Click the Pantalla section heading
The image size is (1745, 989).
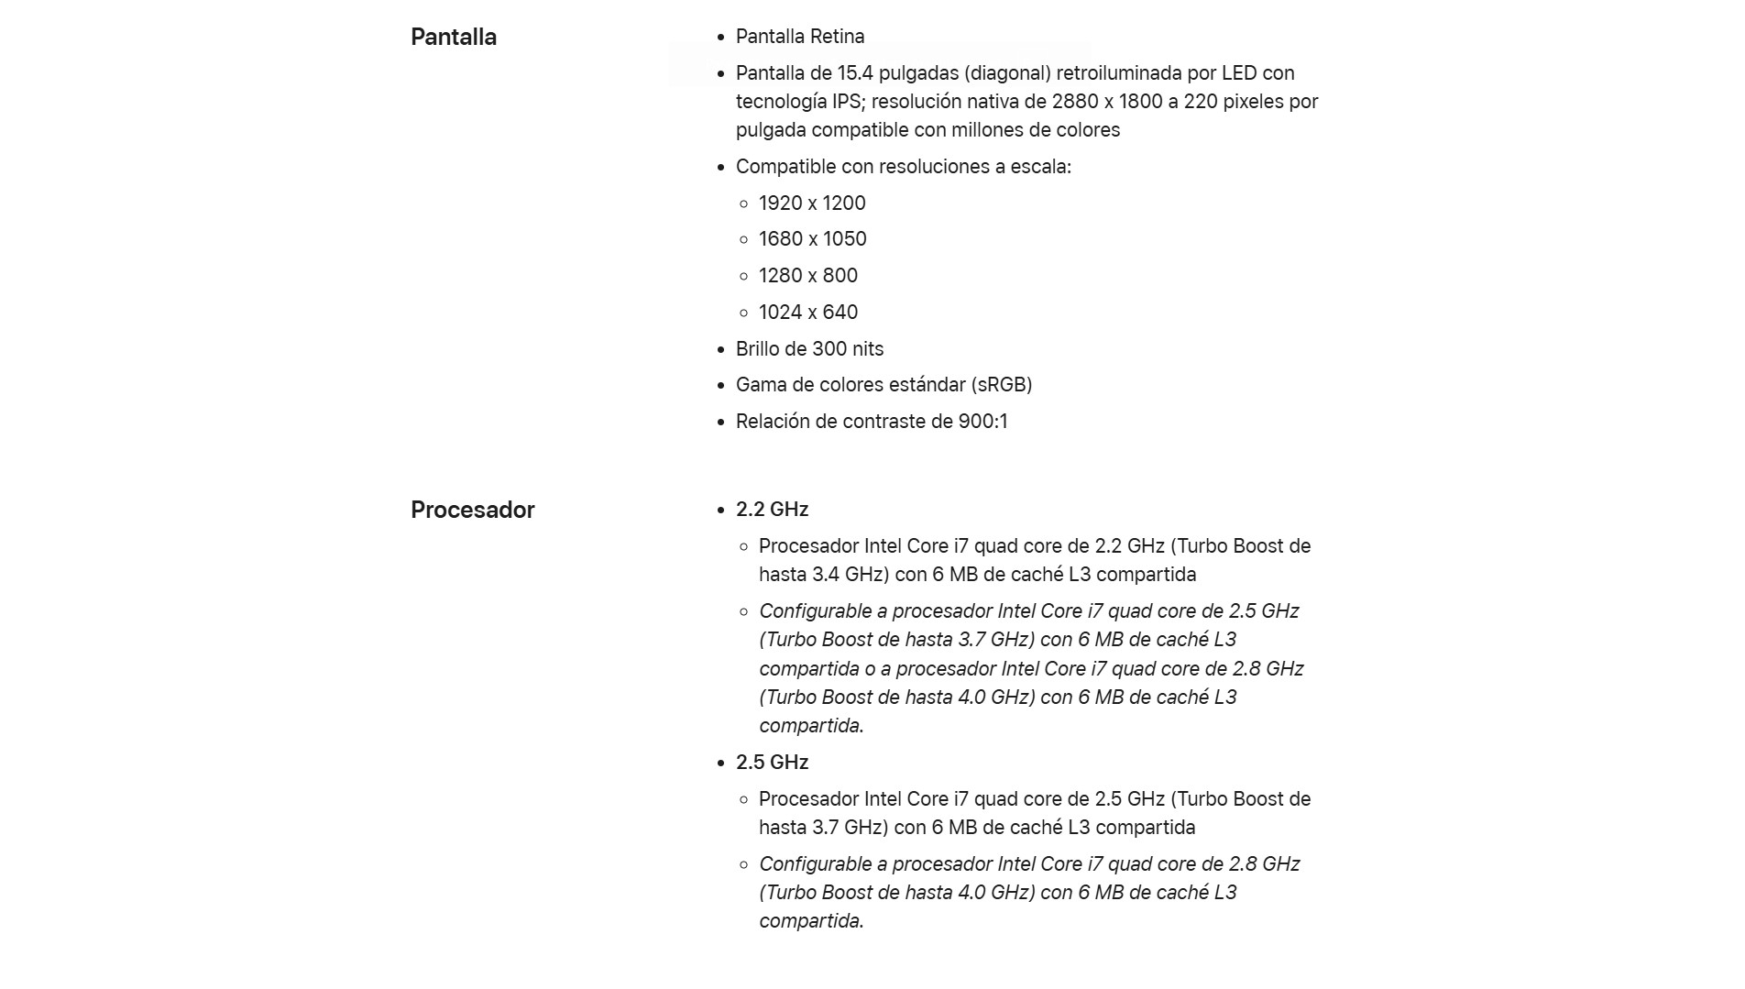click(454, 38)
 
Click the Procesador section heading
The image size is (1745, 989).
click(472, 511)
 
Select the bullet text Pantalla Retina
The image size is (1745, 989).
click(799, 37)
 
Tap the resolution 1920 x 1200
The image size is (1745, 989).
click(811, 203)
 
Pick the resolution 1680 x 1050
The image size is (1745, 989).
click(812, 239)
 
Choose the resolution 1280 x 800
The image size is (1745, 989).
click(807, 276)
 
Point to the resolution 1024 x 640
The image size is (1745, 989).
click(807, 313)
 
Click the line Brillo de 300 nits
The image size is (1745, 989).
click(809, 349)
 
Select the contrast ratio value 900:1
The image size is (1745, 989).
click(982, 422)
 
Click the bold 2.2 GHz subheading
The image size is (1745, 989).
click(772, 510)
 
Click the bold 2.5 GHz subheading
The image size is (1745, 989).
click(772, 763)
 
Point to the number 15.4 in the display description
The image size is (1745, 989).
click(855, 73)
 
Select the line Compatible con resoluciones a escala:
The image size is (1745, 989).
click(903, 167)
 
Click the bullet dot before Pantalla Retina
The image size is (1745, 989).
click(720, 38)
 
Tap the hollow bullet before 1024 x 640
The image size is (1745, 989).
click(743, 313)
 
